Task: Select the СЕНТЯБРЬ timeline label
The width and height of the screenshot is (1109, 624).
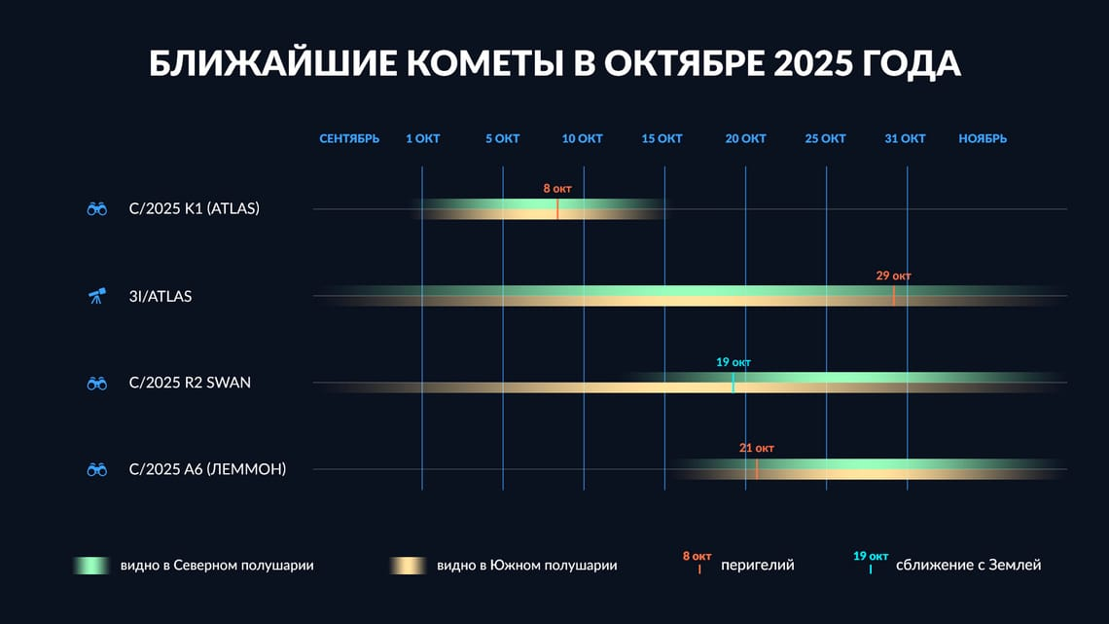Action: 349,139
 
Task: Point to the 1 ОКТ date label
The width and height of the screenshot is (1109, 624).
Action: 422,139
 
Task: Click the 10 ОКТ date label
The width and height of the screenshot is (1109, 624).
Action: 582,139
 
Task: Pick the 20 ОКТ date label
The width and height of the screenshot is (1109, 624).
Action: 745,139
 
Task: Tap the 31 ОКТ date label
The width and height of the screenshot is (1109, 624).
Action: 905,139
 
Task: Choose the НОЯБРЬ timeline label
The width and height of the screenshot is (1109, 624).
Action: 983,139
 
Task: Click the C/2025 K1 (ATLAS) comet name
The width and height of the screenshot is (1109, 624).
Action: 194,208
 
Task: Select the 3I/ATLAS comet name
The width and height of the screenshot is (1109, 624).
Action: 161,296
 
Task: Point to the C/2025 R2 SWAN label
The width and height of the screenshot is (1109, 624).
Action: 190,383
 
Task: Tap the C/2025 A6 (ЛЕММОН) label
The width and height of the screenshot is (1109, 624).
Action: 207,470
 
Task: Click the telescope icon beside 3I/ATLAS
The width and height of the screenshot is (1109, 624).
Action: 96,296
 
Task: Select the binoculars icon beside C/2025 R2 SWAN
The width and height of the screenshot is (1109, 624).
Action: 96,384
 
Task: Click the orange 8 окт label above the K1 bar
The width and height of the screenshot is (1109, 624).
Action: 557,188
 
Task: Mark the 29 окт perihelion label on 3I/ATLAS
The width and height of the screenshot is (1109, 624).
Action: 893,275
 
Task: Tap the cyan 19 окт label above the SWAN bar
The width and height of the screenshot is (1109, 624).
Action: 733,362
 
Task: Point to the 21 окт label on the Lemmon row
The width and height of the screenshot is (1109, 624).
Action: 756,449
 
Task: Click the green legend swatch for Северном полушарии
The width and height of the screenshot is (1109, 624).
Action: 93,565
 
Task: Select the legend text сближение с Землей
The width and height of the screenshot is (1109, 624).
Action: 968,565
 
